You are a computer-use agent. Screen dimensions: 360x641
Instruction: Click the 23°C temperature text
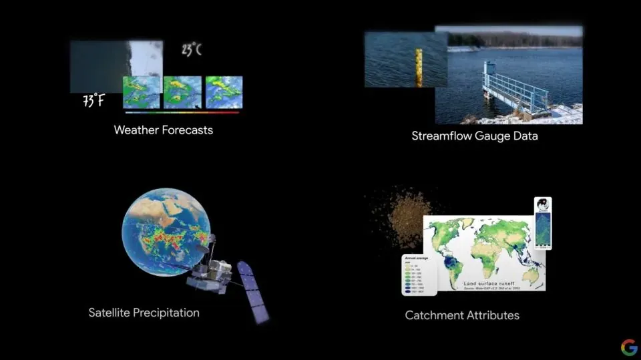(x=191, y=50)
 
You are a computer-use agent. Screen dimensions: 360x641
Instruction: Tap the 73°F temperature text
(x=93, y=102)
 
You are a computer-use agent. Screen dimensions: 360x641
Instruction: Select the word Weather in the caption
(x=136, y=130)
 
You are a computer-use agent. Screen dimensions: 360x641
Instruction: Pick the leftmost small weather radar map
(x=142, y=92)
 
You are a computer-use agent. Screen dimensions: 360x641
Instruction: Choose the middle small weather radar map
(x=182, y=92)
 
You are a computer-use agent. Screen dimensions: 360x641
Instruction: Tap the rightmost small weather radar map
(x=224, y=92)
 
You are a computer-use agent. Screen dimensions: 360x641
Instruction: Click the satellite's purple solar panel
(x=253, y=293)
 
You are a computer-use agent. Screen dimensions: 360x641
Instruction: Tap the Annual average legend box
(x=419, y=274)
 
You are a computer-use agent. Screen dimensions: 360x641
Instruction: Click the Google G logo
(x=629, y=347)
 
